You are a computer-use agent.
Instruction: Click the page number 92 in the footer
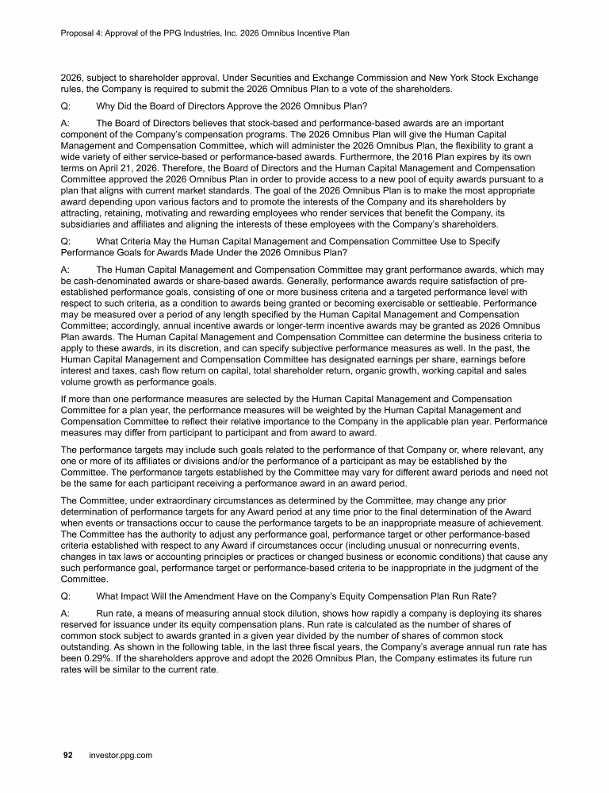[x=68, y=756]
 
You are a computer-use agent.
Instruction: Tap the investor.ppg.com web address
[x=120, y=756]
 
